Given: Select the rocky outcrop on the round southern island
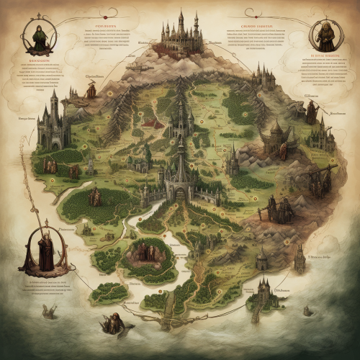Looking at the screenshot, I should pyautogui.click(x=147, y=251).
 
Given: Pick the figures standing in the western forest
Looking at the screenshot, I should pyautogui.click(x=94, y=197).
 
